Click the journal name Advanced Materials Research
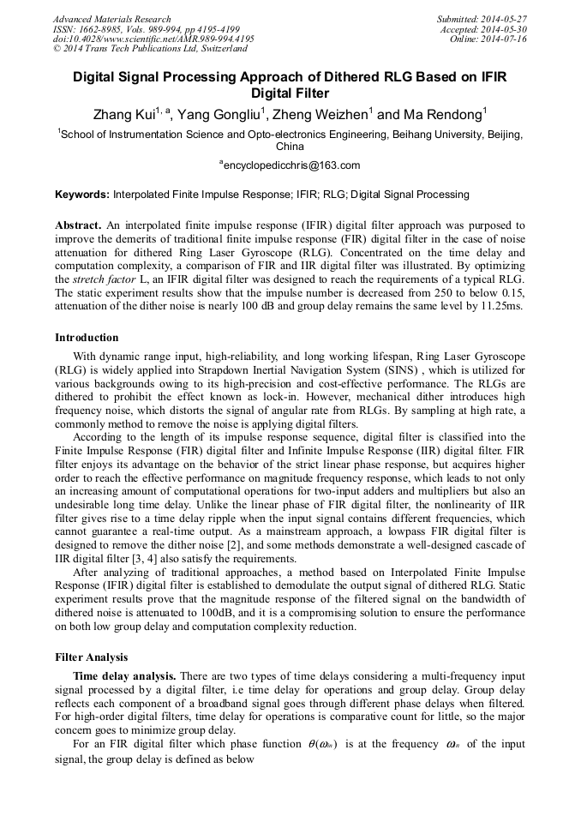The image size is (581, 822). click(111, 19)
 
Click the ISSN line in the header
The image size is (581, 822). click(146, 29)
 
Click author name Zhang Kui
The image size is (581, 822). click(125, 114)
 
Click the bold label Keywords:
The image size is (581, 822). click(82, 195)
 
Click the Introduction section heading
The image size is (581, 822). click(87, 338)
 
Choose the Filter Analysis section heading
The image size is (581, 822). click(92, 657)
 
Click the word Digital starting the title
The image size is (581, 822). click(97, 77)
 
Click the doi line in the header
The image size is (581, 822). click(154, 39)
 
